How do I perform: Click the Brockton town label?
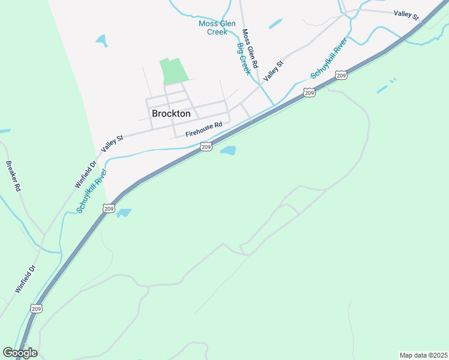pos(171,113)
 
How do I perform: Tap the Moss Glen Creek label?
pos(217,28)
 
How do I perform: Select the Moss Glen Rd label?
pos(250,49)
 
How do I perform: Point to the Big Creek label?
pos(243,59)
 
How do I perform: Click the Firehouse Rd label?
pos(203,129)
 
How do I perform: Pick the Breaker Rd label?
pos(14,176)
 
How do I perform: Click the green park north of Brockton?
pos(173,71)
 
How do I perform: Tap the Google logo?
pos(20,353)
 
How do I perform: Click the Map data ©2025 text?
pos(423,355)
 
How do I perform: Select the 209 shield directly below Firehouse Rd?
pos(206,146)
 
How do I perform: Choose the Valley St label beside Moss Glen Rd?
pos(273,71)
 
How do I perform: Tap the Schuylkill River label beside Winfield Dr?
pos(92,191)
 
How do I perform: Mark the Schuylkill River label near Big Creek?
pos(328,59)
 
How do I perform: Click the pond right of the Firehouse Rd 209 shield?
pos(228,150)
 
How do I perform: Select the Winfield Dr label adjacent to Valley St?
pos(86,175)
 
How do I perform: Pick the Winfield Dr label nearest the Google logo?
pos(25,279)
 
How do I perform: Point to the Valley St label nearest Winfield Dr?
pos(112,143)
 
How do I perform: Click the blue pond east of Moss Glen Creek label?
pos(276,24)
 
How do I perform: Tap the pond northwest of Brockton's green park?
pos(101,41)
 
